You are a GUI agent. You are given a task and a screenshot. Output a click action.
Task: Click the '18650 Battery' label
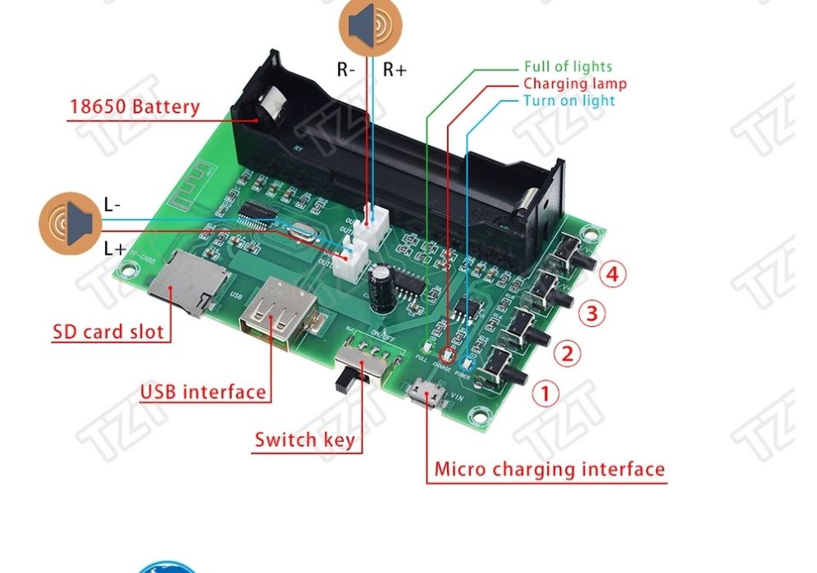tap(135, 107)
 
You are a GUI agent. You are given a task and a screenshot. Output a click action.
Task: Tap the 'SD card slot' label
tap(107, 332)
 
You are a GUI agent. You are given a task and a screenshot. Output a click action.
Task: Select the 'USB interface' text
tap(203, 391)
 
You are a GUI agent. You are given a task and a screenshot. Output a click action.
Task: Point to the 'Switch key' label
tap(304, 439)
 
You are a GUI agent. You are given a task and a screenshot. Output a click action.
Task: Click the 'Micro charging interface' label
tap(549, 470)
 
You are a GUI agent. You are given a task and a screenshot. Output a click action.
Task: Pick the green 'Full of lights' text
tap(568, 66)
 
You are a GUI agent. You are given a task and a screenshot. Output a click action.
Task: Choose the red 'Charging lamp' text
tap(574, 84)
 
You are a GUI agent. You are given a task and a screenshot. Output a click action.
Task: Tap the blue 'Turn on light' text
tap(568, 101)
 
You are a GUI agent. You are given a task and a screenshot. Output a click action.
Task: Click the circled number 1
tap(546, 393)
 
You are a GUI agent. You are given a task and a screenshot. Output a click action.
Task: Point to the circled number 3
tap(593, 313)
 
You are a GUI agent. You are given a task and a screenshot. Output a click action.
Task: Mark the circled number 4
tap(612, 274)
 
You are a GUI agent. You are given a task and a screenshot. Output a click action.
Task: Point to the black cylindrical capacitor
tap(381, 286)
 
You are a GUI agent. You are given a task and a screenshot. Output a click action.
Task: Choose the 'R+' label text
tap(394, 70)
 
